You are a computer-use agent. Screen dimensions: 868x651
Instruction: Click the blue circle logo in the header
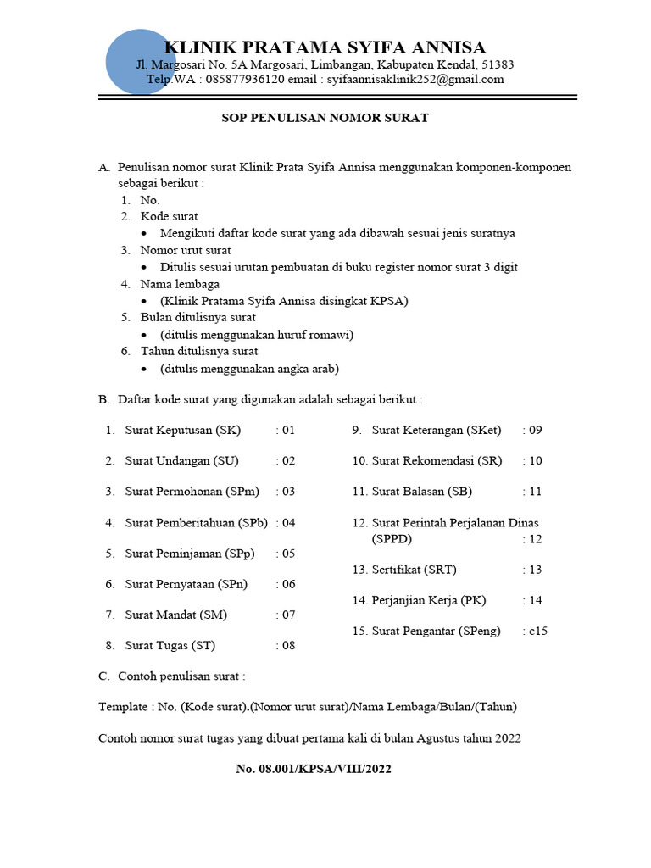(x=141, y=61)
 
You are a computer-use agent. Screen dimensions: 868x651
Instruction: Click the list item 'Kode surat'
(x=170, y=217)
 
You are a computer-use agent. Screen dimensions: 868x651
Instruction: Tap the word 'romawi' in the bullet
(x=334, y=335)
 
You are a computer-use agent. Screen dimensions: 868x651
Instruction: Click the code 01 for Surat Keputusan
(x=287, y=430)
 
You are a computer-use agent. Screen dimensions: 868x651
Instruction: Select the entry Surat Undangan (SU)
(x=181, y=461)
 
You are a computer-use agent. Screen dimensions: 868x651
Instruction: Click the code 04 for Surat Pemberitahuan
(x=287, y=523)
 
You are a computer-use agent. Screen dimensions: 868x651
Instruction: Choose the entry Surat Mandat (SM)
(x=175, y=615)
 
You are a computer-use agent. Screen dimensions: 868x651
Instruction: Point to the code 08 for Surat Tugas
(x=287, y=646)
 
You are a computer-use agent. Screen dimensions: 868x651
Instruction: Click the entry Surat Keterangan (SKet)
(x=436, y=430)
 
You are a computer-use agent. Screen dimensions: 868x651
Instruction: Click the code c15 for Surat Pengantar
(x=537, y=631)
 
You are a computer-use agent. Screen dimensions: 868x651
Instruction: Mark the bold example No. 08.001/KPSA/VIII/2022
(x=313, y=769)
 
